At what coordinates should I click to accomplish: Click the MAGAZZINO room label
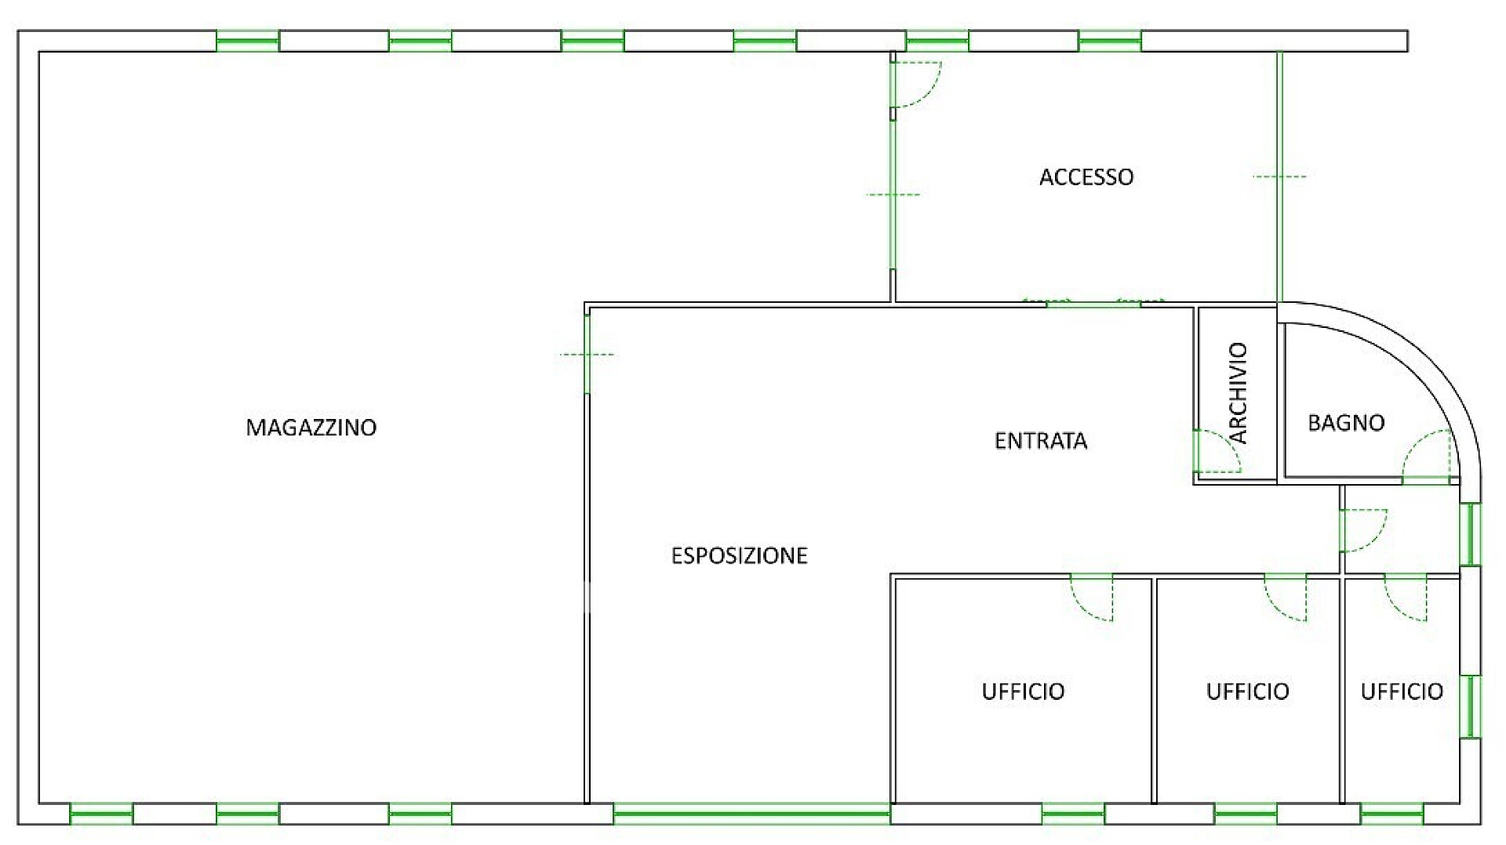[311, 428]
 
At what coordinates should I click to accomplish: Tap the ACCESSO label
[1086, 177]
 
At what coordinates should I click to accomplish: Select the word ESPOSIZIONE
[739, 555]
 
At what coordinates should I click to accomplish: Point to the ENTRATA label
[1041, 441]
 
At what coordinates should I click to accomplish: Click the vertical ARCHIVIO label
[1238, 392]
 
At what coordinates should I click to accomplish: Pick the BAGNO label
[1346, 423]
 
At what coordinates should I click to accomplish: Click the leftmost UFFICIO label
[1023, 691]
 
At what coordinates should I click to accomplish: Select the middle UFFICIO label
[1247, 691]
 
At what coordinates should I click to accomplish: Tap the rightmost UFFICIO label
[1402, 691]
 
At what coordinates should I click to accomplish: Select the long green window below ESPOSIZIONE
[751, 814]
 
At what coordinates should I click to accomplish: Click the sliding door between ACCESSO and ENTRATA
[1093, 303]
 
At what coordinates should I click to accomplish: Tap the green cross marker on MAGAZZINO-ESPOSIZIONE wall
[587, 355]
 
